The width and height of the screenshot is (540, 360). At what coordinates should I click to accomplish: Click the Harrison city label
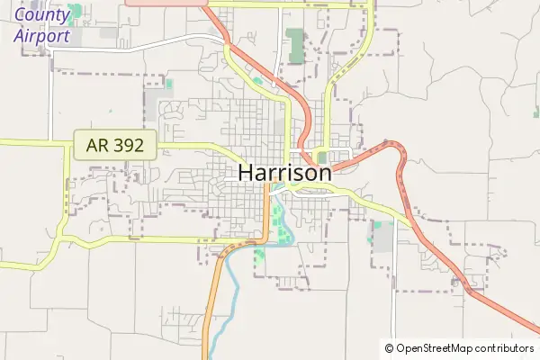[x=285, y=173]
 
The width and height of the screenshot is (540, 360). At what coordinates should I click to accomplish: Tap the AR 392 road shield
[x=116, y=144]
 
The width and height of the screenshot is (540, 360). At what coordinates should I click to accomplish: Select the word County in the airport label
[x=41, y=15]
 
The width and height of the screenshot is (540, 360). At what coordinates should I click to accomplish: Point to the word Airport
[x=41, y=36]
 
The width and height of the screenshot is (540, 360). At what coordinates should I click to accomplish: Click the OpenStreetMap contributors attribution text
[x=464, y=348]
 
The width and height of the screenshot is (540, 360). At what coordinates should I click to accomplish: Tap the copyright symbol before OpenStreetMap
[x=389, y=348]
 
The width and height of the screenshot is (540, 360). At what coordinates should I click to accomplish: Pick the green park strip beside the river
[x=278, y=221]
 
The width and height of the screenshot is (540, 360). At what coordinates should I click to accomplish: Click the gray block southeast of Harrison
[x=383, y=236]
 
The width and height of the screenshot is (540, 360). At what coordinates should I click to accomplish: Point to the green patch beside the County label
[x=76, y=12]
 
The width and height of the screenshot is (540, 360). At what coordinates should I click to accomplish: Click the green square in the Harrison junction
[x=321, y=157]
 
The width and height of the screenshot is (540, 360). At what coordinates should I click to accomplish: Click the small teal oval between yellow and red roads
[x=258, y=82]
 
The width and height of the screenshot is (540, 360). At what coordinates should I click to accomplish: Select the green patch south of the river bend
[x=260, y=256]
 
